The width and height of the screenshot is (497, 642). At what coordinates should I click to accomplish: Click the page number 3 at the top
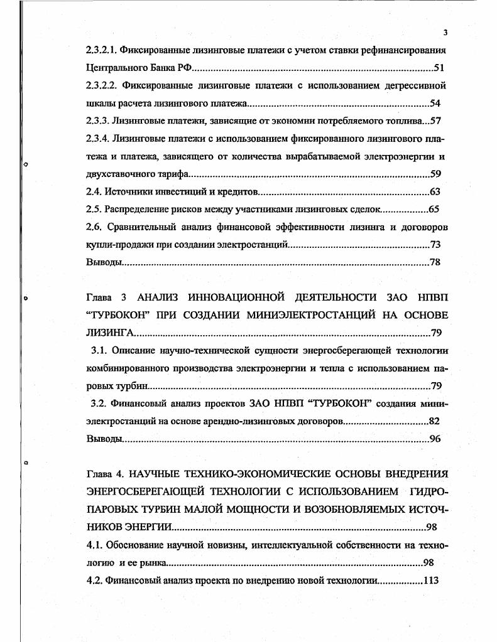[444, 33]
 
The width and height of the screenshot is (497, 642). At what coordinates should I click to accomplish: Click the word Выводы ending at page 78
[102, 262]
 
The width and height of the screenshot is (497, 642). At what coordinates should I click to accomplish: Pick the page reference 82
[435, 420]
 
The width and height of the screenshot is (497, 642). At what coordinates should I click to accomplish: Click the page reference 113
[430, 580]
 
